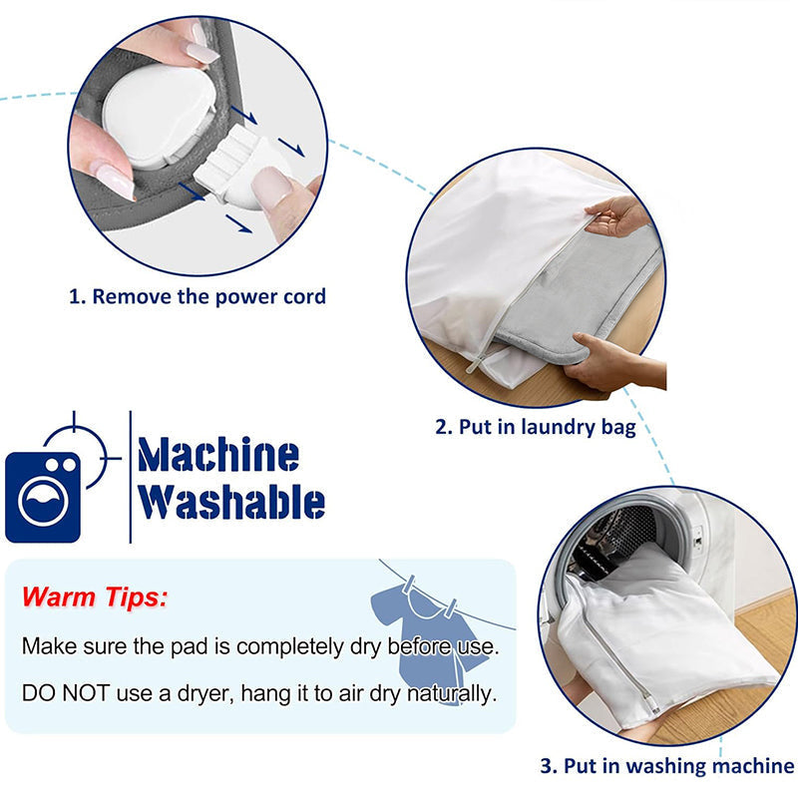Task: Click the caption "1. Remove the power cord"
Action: [197, 296]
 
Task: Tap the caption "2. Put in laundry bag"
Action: [536, 428]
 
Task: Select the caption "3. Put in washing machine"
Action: [666, 766]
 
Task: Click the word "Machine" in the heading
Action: [218, 455]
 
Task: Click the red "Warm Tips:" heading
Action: [95, 598]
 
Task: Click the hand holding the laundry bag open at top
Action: [618, 214]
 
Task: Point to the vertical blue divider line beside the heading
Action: [131, 477]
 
